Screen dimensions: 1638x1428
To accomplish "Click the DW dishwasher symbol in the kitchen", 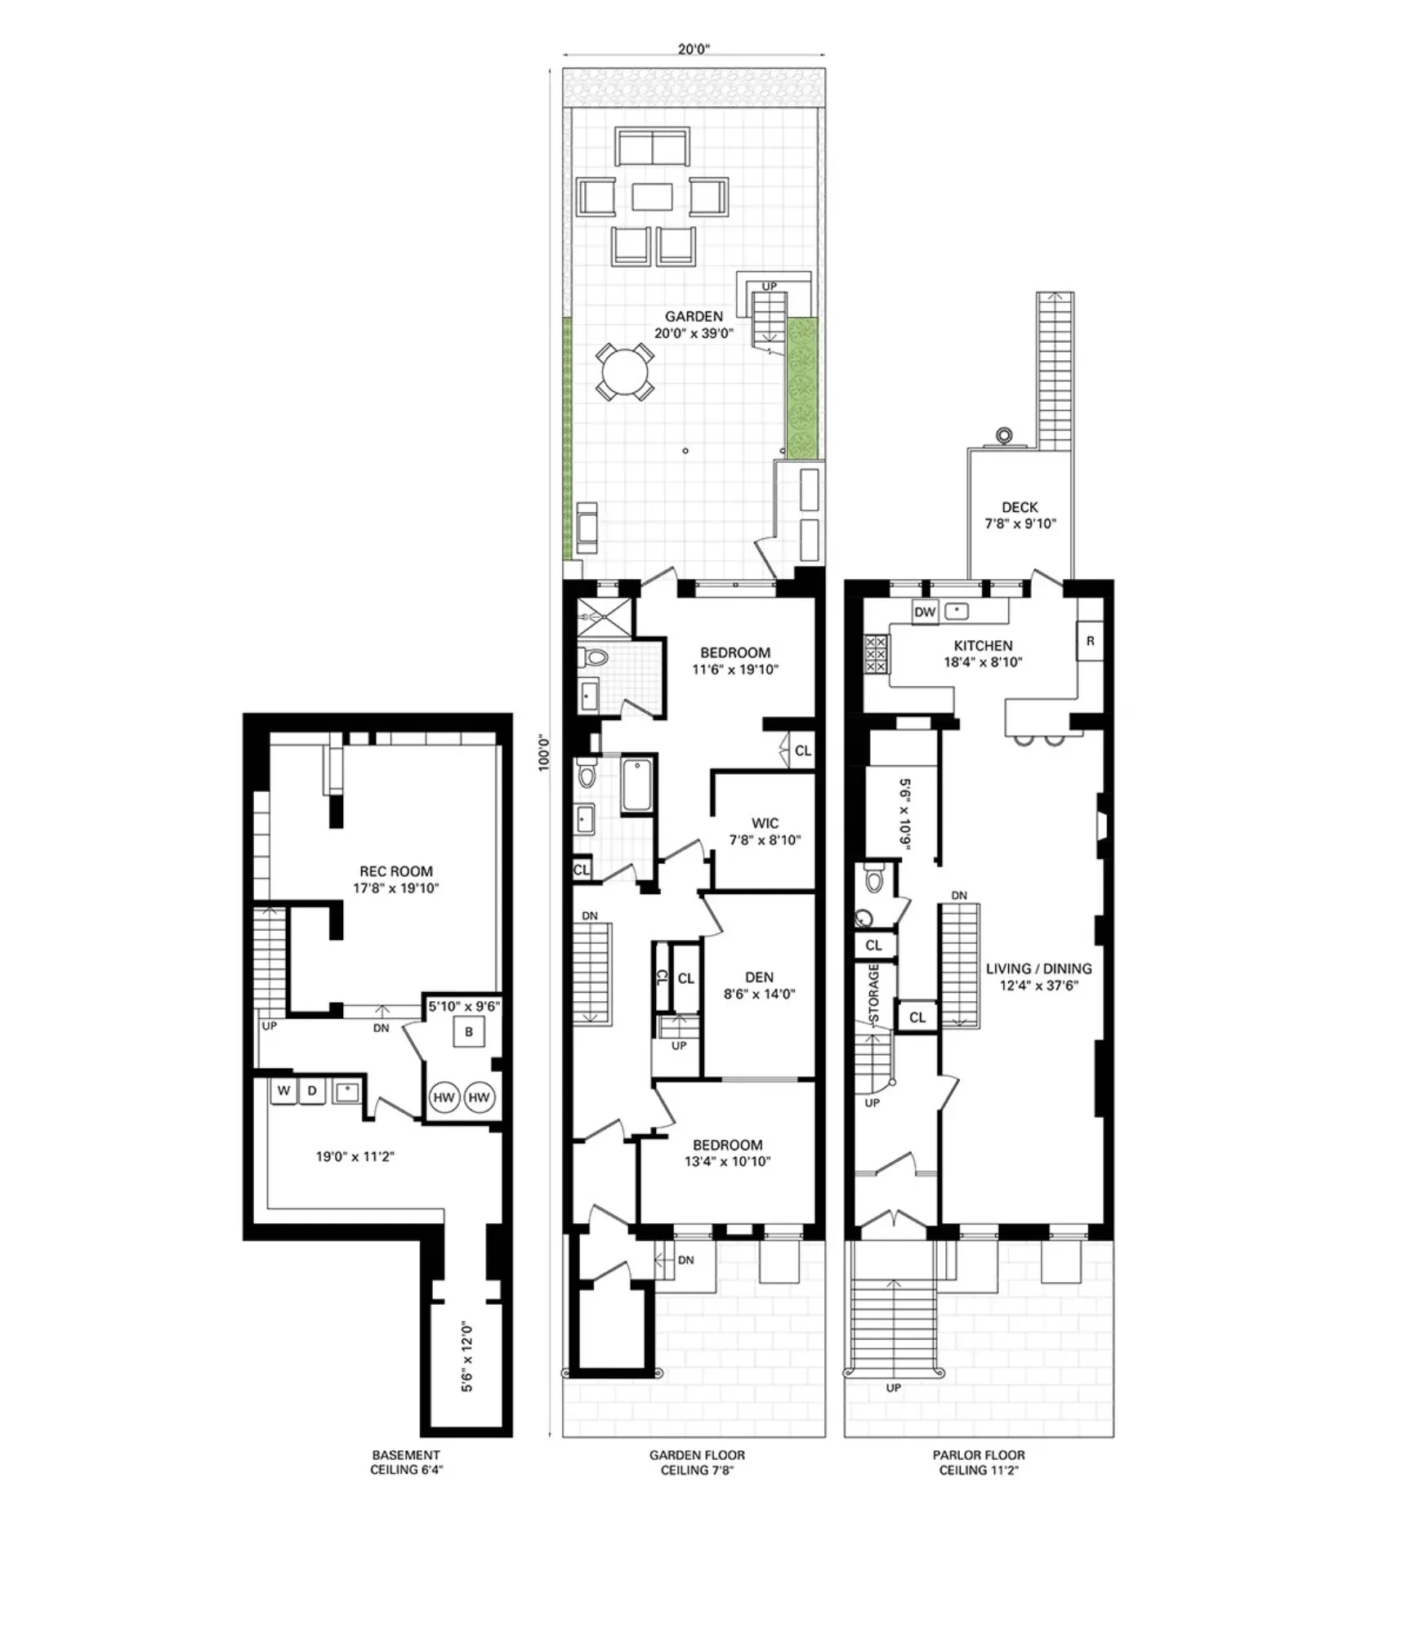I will pos(924,612).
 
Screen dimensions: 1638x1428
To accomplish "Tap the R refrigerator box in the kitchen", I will pos(1089,641).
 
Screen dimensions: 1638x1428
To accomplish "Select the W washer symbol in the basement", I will pos(283,1090).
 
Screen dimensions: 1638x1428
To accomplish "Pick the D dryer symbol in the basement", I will pos(311,1090).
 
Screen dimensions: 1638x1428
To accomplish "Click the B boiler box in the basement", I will pos(469,1031).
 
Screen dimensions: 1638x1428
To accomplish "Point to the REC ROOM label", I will pos(396,871).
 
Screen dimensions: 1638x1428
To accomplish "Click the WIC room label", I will pos(765,823).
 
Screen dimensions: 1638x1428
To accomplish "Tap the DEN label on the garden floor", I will pos(759,977).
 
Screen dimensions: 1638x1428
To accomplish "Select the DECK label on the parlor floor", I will pos(1019,507).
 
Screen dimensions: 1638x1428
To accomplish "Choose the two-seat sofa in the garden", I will pos(652,147).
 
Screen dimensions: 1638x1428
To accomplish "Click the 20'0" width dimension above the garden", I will pos(694,49).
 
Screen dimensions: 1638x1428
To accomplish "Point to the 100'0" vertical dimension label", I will pos(544,753).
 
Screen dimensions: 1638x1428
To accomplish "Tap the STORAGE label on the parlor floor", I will pos(873,994).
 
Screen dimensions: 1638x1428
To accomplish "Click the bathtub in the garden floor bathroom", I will pos(636,786).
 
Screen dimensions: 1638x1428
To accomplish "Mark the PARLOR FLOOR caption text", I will pos(978,1454).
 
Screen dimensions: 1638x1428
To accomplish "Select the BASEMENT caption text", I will pos(405,1454).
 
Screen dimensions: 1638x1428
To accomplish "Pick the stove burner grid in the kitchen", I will pos(875,655).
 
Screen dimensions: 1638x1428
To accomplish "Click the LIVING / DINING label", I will pos(1038,968).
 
